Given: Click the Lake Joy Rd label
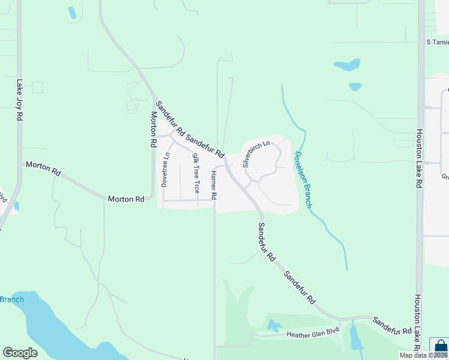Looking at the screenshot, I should pyautogui.click(x=19, y=102).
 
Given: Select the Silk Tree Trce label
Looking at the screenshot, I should pyautogui.click(x=195, y=173).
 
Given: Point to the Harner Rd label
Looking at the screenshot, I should pyautogui.click(x=214, y=185).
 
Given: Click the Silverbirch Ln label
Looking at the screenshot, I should pyautogui.click(x=256, y=154).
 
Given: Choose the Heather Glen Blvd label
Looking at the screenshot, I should pyautogui.click(x=313, y=332).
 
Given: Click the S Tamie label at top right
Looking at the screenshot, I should pyautogui.click(x=437, y=42).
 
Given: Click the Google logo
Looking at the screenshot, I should pyautogui.click(x=20, y=353).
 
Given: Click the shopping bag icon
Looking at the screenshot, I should pyautogui.click(x=440, y=347).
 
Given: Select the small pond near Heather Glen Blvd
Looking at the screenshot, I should pyautogui.click(x=274, y=326).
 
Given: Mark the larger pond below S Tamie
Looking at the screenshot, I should pyautogui.click(x=347, y=64).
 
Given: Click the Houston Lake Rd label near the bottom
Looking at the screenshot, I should pyautogui.click(x=418, y=321).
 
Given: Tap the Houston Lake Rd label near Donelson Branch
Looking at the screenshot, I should pyautogui.click(x=418, y=159).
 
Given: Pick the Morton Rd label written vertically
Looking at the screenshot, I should pyautogui.click(x=154, y=130).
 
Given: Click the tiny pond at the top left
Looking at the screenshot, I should pyautogui.click(x=72, y=12).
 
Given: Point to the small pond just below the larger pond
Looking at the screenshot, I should pyautogui.click(x=355, y=86).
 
